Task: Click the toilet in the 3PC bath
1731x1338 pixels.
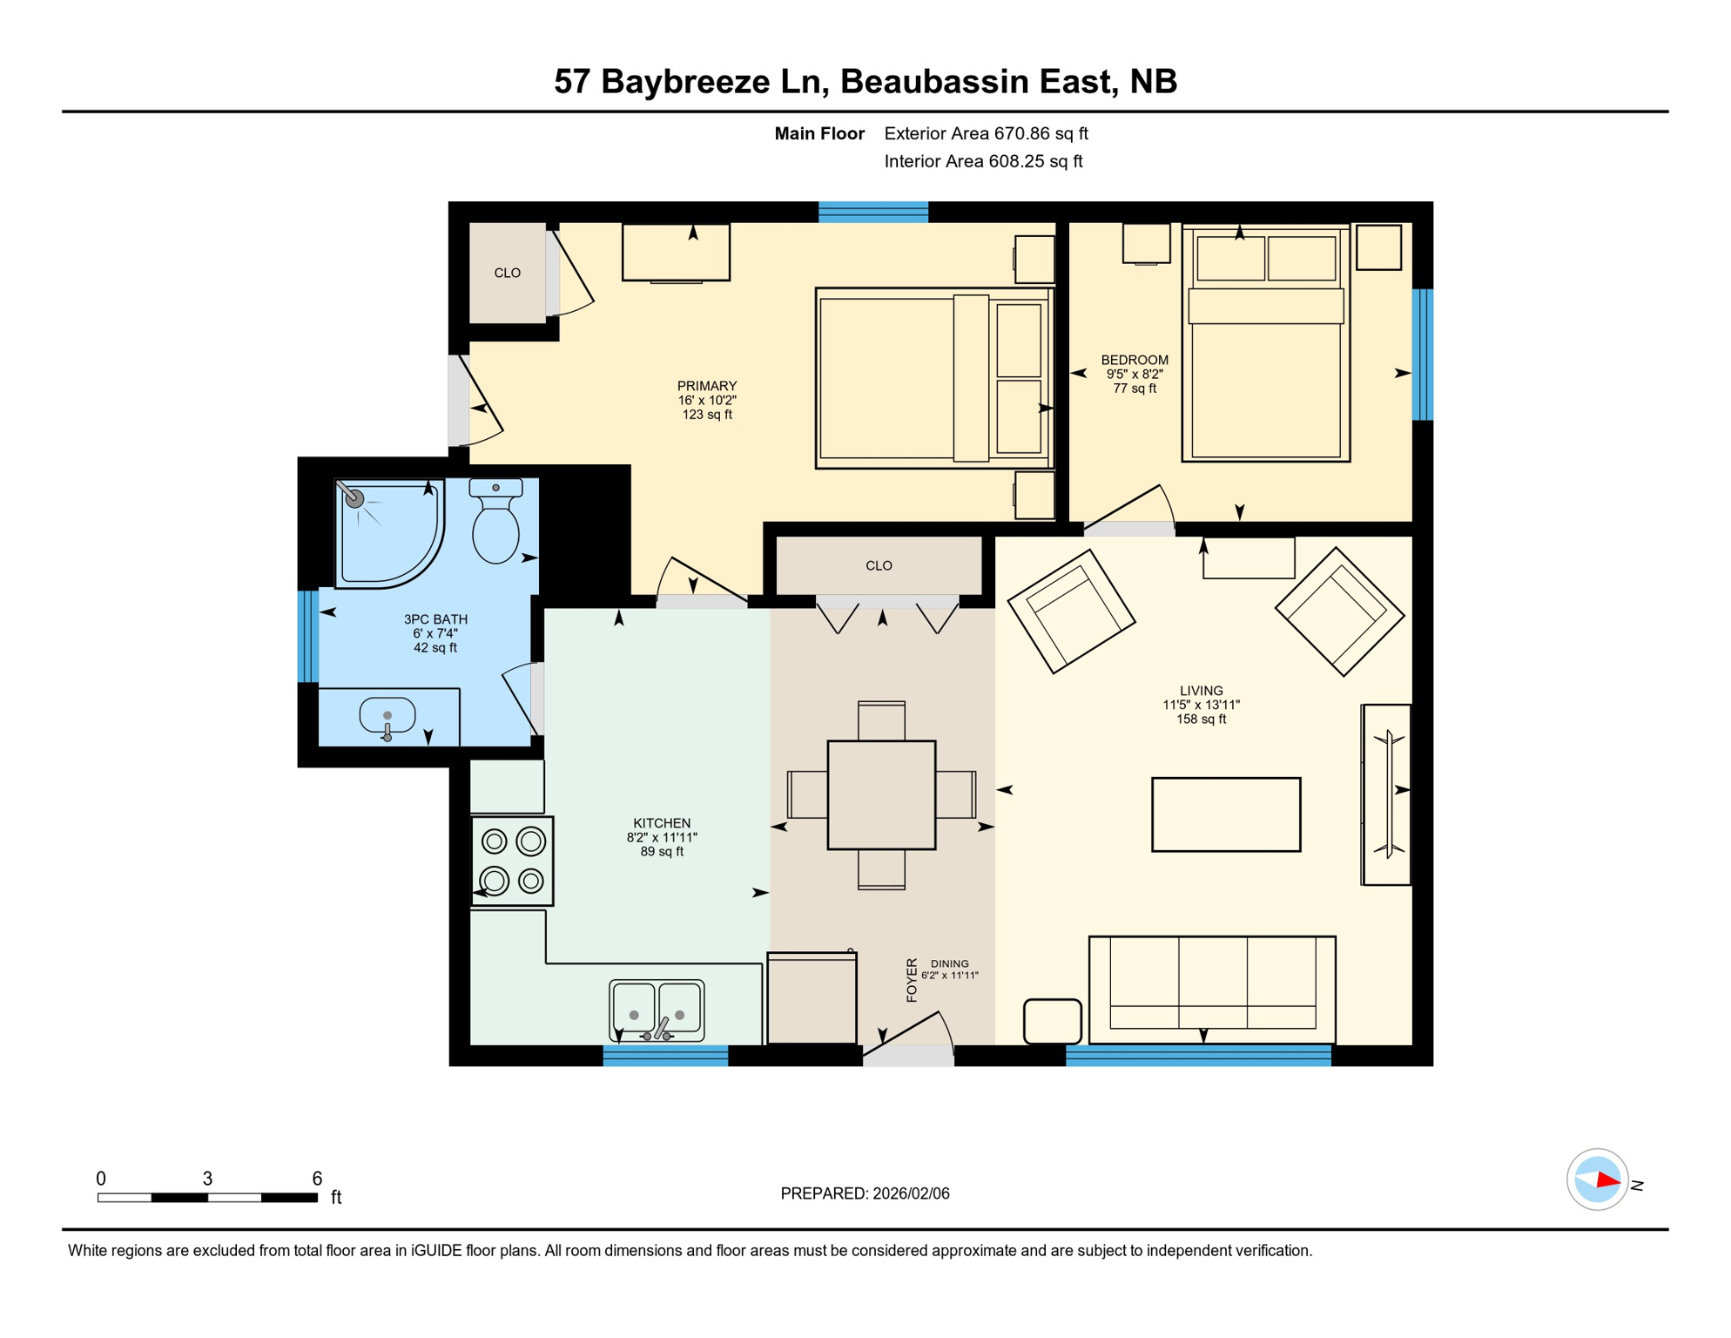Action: pos(495,524)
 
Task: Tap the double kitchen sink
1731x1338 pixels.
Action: pos(657,1010)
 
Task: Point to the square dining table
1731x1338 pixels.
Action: pos(881,794)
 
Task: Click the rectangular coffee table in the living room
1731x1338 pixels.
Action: pos(1226,814)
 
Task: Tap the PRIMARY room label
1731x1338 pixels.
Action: pos(707,386)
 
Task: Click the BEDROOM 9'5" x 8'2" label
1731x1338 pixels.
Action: pos(1135,374)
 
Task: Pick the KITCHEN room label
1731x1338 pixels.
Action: pos(662,823)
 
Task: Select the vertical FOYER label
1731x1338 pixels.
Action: pos(912,980)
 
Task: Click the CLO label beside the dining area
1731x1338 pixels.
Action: pos(879,566)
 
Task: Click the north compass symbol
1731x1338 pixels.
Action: pos(1599,1180)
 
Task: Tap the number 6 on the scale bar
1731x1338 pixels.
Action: pos(317,1179)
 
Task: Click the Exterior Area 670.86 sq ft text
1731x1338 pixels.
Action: pos(986,133)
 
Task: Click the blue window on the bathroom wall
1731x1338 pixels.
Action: pos(308,636)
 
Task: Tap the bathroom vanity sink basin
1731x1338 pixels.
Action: pos(387,716)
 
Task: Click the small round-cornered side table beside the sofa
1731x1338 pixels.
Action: pos(1052,1021)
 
